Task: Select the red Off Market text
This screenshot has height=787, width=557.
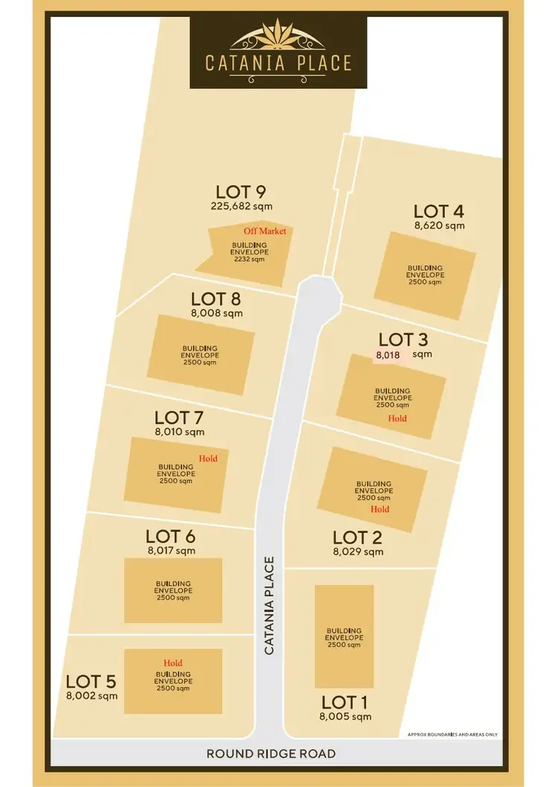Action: (264, 231)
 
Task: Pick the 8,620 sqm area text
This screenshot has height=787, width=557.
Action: (440, 225)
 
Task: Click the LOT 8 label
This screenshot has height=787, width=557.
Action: (216, 299)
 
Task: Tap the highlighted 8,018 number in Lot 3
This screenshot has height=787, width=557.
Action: (388, 355)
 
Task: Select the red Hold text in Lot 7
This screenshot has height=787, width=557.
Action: (208, 458)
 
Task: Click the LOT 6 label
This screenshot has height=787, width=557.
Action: (171, 536)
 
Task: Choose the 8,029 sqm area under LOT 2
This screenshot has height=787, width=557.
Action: (358, 552)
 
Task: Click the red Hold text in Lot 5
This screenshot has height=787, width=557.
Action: (173, 663)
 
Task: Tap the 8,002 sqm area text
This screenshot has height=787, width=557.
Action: (92, 696)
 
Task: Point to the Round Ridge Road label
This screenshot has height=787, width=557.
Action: (271, 754)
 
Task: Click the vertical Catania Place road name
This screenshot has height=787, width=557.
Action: (269, 605)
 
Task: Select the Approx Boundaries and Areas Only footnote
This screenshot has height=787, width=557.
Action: (453, 735)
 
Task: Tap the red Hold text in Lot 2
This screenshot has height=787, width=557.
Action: (380, 510)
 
